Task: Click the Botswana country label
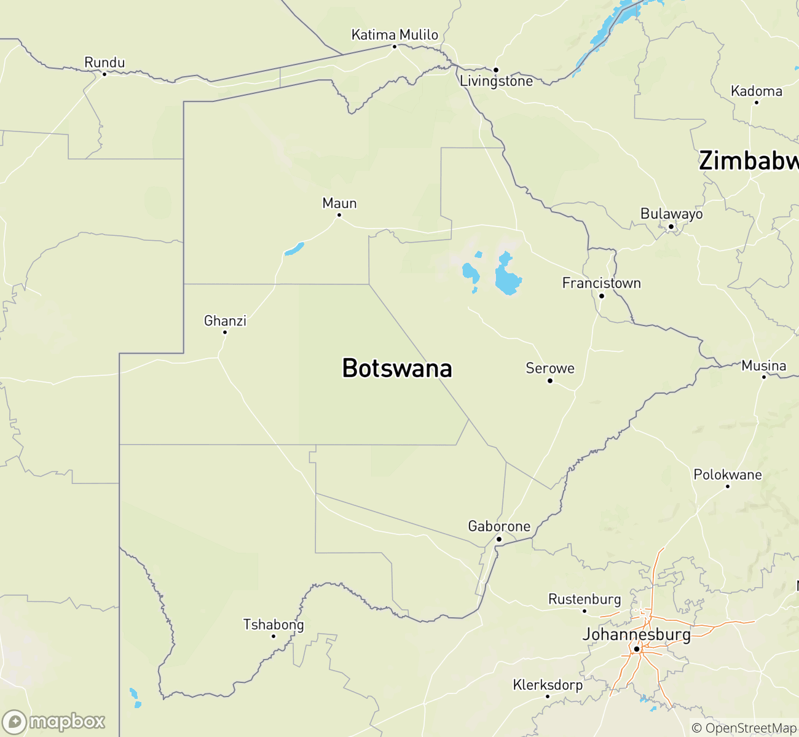(397, 368)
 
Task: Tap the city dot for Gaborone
(499, 539)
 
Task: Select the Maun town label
(339, 203)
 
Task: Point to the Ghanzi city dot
(225, 332)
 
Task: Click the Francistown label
(601, 283)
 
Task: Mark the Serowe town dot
(550, 381)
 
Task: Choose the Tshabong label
(274, 625)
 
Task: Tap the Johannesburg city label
(636, 634)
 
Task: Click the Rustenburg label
(584, 599)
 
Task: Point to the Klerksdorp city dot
(548, 696)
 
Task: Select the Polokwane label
(727, 475)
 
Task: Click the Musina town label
(763, 366)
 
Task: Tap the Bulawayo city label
(671, 214)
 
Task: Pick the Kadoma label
(756, 92)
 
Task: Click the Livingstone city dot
(496, 69)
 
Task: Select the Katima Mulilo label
(395, 35)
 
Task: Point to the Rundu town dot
(104, 74)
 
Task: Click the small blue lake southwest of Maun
(294, 249)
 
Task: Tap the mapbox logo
(54, 722)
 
